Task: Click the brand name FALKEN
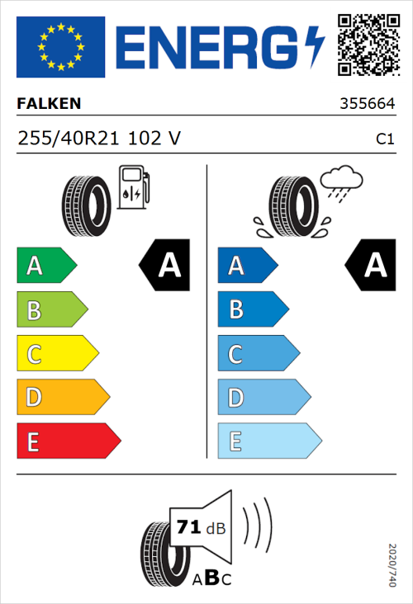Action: tap(49, 105)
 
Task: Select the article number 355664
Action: tap(367, 105)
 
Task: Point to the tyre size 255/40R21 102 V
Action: tap(98, 139)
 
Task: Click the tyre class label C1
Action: tap(384, 139)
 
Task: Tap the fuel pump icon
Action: tap(133, 187)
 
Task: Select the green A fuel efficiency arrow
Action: tap(46, 266)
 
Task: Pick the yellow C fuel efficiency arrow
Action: tap(57, 354)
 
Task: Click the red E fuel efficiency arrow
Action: tap(68, 441)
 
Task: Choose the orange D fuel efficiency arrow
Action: tap(63, 398)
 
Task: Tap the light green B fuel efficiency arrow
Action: tap(51, 310)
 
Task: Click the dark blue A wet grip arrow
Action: tap(246, 266)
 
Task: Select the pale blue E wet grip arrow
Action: tap(268, 441)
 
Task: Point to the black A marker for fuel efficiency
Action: tap(165, 266)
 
